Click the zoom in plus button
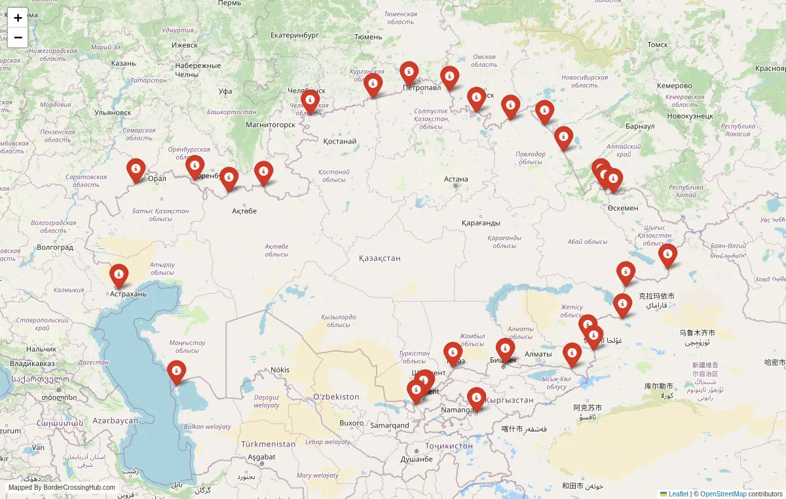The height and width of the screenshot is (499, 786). pyautogui.click(x=18, y=18)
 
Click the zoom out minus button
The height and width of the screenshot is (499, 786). pyautogui.click(x=18, y=37)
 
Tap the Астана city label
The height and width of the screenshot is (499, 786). pyautogui.click(x=456, y=179)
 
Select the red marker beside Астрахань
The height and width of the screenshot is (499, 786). pyautogui.click(x=119, y=275)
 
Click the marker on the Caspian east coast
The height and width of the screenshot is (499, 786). pyautogui.click(x=176, y=372)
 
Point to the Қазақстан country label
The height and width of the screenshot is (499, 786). pyautogui.click(x=379, y=258)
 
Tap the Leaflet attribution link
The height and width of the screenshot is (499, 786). pyautogui.click(x=678, y=494)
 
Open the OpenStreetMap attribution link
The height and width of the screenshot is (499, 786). pyautogui.click(x=723, y=494)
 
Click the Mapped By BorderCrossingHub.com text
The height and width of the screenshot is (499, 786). pyautogui.click(x=62, y=488)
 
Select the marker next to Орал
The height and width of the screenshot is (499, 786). pyautogui.click(x=136, y=170)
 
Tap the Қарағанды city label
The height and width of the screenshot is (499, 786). pyautogui.click(x=481, y=223)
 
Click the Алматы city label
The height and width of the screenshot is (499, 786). pyautogui.click(x=538, y=354)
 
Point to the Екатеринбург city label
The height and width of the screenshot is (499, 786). pyautogui.click(x=294, y=35)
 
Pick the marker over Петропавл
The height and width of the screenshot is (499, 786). pyautogui.click(x=409, y=73)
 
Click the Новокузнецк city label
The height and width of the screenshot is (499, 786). pyautogui.click(x=690, y=115)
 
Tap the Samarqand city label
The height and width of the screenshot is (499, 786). pyautogui.click(x=390, y=425)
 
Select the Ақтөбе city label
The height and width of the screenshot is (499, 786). pyautogui.click(x=244, y=211)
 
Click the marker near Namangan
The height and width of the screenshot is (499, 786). pyautogui.click(x=476, y=398)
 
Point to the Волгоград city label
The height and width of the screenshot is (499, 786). pyautogui.click(x=55, y=247)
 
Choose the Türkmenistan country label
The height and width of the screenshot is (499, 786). pyautogui.click(x=268, y=444)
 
